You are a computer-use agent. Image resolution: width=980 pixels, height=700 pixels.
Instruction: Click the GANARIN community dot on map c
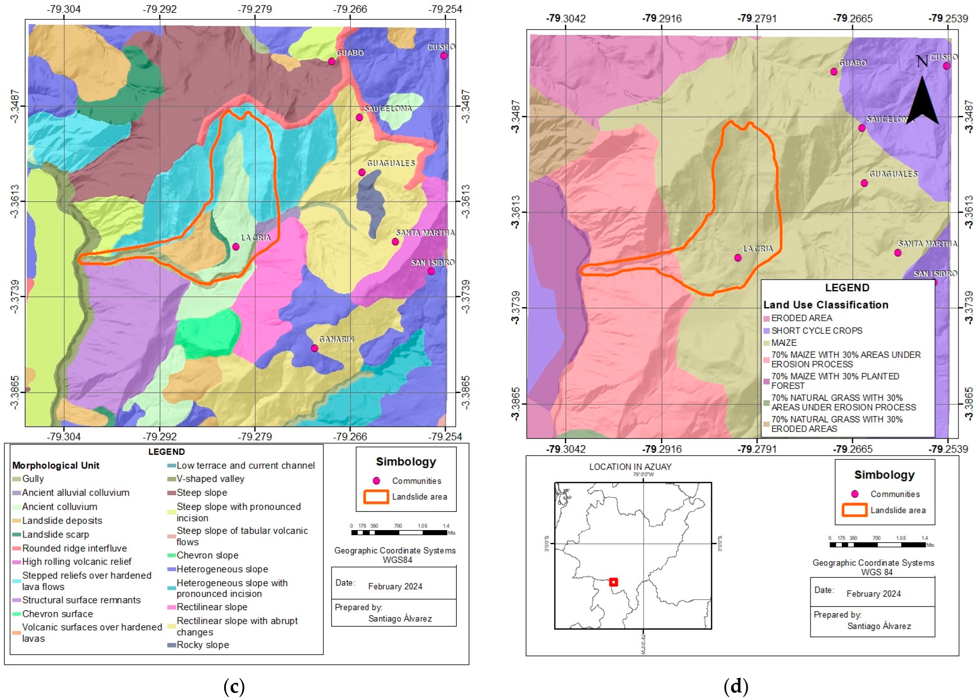coord(314,348)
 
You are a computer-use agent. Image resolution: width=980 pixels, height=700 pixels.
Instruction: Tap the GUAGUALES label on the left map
coord(391,163)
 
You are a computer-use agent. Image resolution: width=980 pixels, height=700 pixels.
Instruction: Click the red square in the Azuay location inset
coord(613,582)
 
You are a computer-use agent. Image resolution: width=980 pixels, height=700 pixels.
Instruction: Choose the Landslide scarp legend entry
coord(55,535)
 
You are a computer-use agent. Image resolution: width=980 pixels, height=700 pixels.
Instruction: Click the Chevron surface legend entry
coord(57,614)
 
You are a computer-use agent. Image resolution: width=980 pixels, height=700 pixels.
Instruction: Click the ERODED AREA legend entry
coord(801,318)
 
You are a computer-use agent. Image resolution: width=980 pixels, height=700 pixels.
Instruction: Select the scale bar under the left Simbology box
coord(399,532)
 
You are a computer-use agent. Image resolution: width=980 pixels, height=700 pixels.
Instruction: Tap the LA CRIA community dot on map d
coord(738,258)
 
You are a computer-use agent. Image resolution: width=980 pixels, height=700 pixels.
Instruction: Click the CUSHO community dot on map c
coord(444,56)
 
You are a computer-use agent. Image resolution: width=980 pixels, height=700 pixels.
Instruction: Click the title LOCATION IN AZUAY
coord(630,467)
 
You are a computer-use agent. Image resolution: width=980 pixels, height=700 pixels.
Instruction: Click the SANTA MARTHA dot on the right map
coord(898,252)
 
